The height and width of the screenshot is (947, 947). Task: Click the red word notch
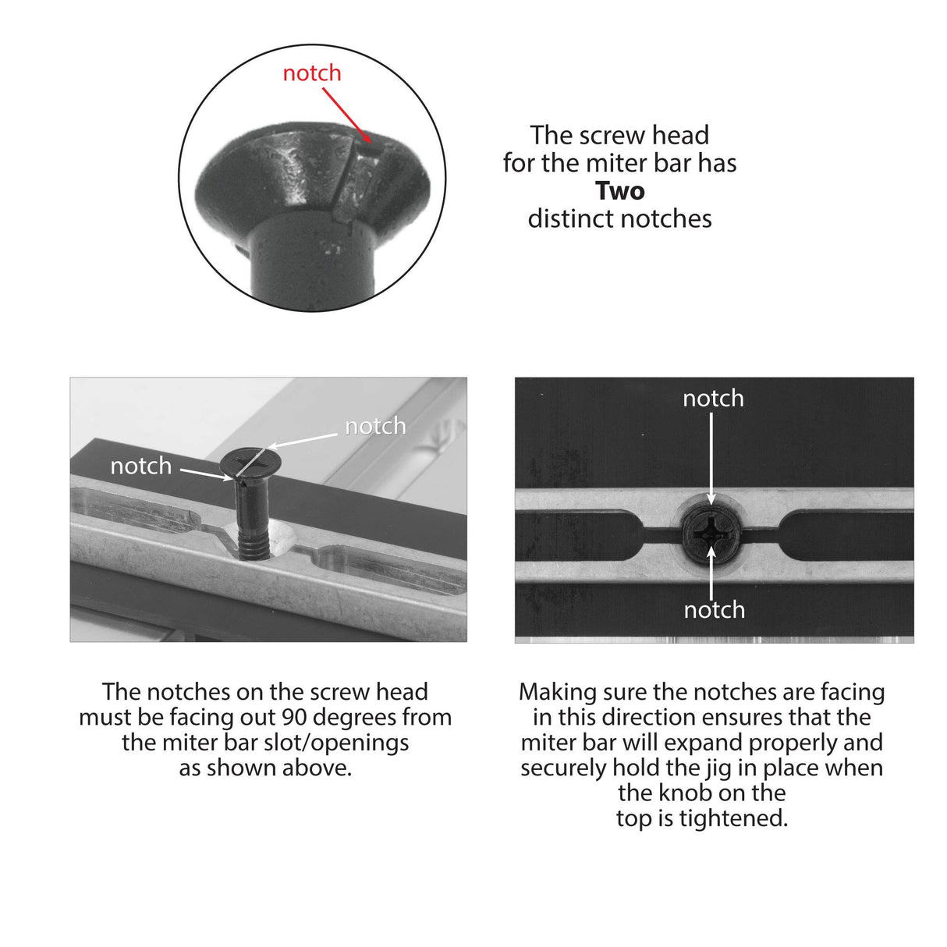tap(311, 73)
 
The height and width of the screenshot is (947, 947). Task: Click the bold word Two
tap(619, 191)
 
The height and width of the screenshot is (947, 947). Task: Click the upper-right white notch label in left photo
tap(375, 426)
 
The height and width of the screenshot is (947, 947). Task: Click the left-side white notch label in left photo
tap(140, 466)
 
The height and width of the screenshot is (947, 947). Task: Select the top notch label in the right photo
tap(713, 399)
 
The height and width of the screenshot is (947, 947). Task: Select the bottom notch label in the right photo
tap(714, 609)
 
